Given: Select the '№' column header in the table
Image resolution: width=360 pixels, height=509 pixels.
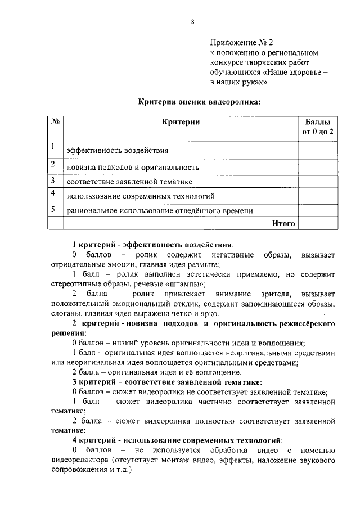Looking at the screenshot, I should point(56,122).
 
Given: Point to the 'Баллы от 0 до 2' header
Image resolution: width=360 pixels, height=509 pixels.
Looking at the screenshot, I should point(318,127).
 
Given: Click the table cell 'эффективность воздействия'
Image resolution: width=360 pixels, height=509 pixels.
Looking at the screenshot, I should point(117,151).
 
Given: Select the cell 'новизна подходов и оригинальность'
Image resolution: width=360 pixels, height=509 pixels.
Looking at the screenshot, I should point(133,167).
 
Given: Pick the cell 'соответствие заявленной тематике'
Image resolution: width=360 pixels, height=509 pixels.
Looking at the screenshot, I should point(129,182).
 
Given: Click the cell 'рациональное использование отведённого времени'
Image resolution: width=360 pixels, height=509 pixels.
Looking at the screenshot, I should point(159,211).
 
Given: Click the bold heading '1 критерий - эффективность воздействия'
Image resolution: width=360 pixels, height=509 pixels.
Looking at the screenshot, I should point(152,245).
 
